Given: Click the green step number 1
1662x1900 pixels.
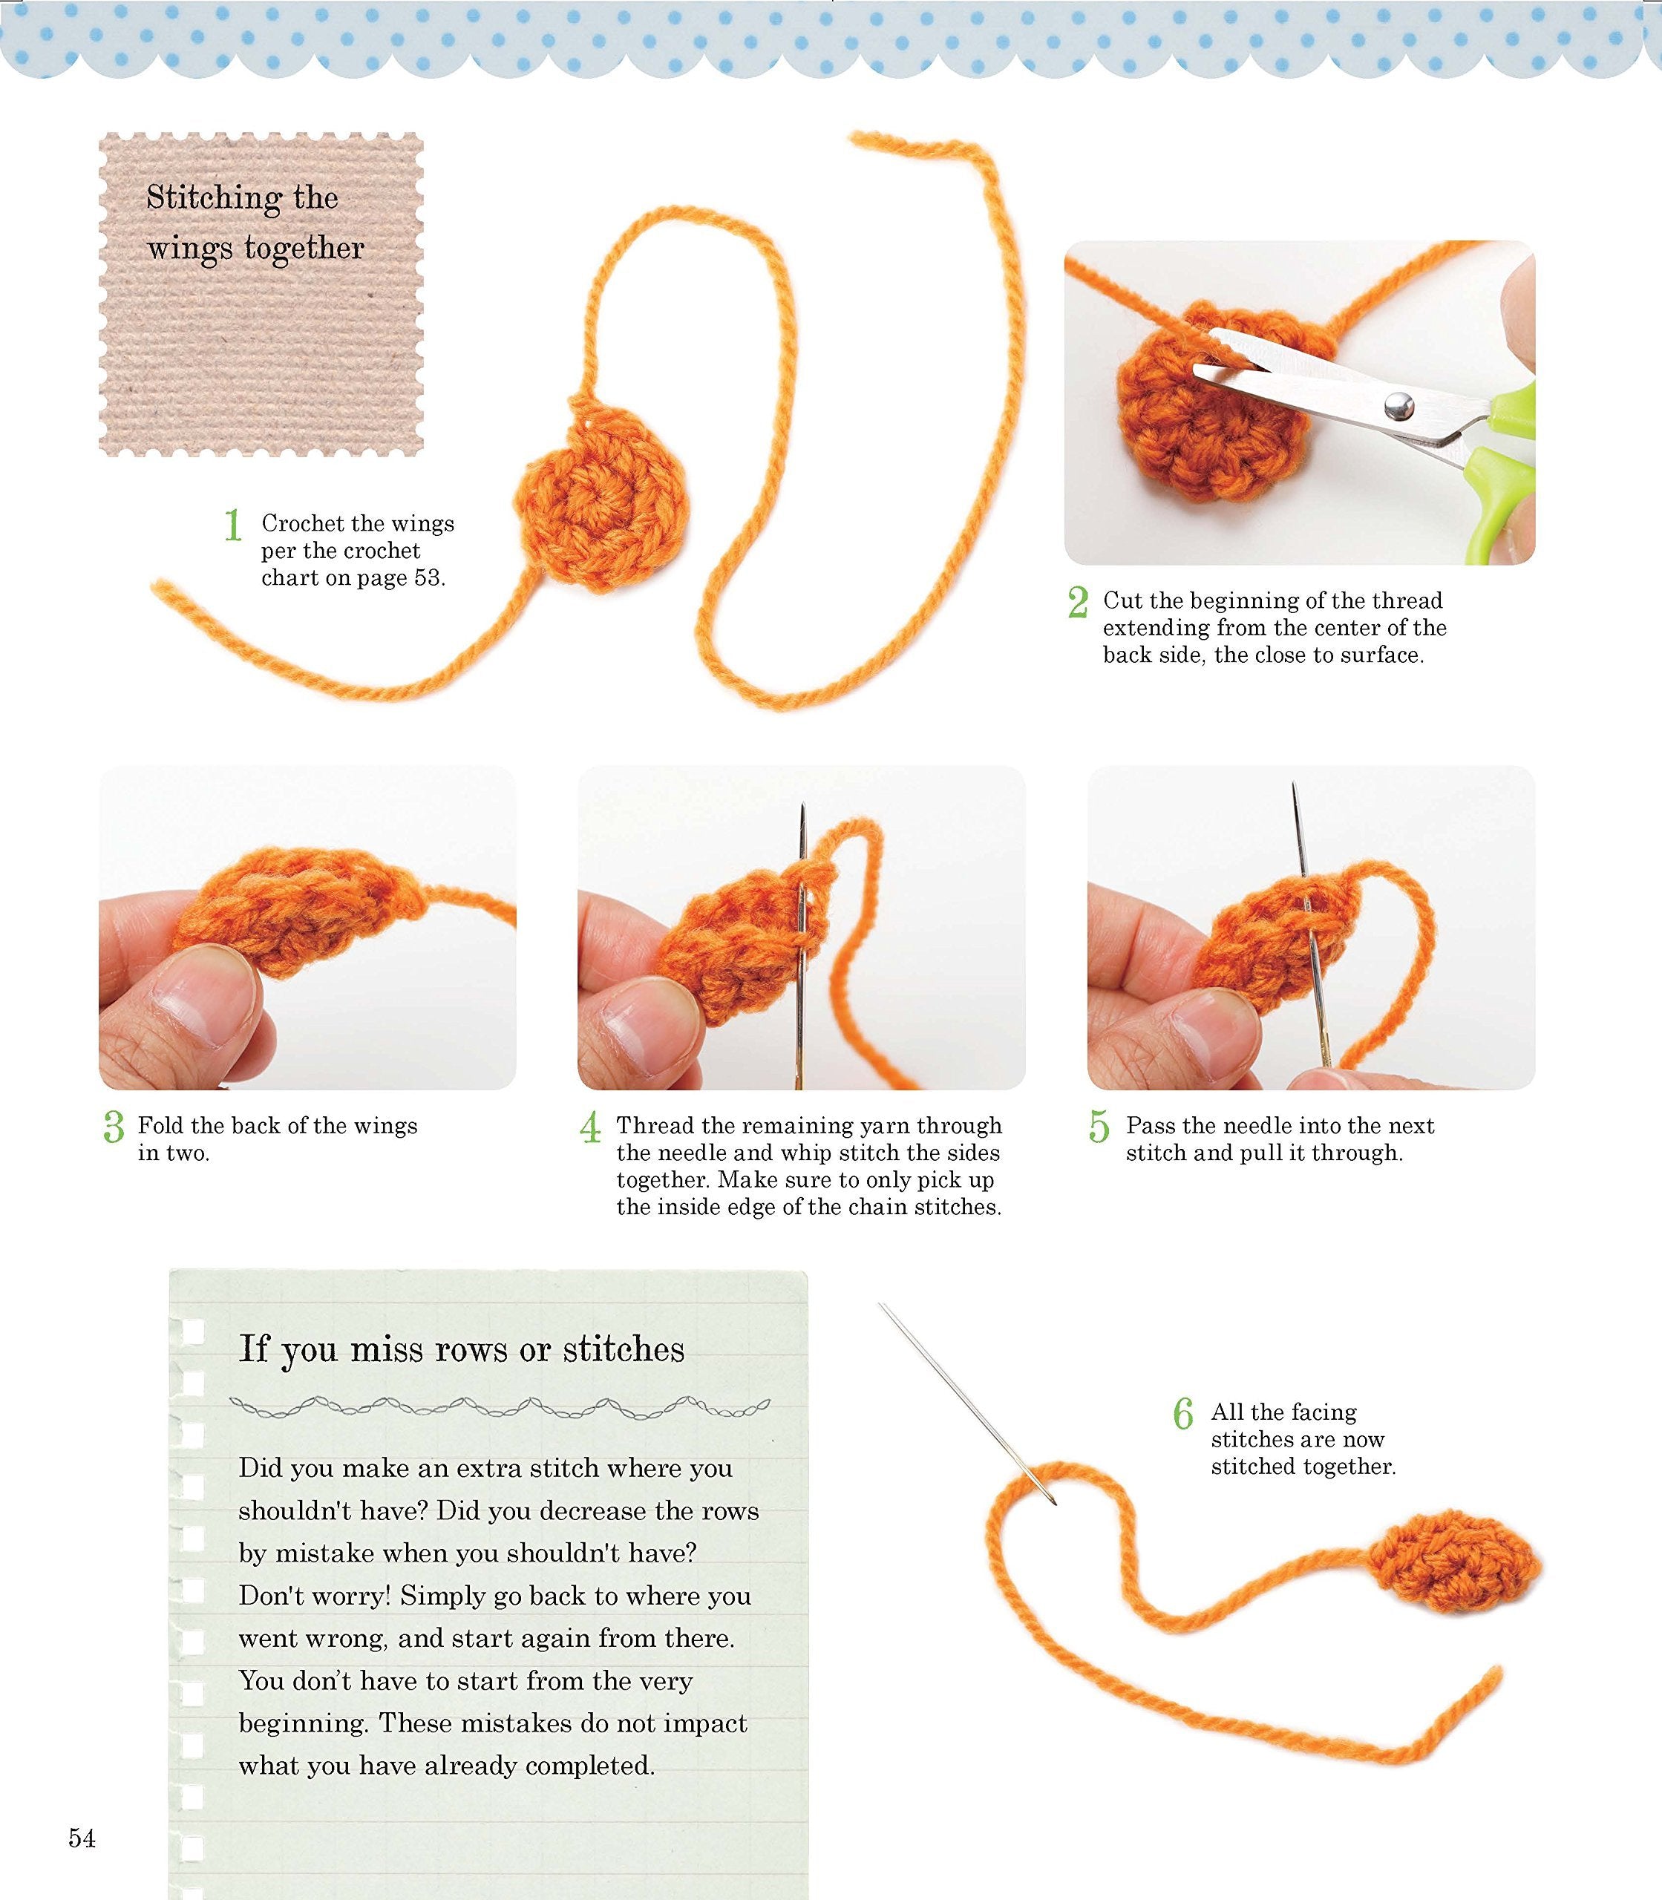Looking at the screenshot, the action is (233, 525).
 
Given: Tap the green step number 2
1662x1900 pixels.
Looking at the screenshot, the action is (1078, 602).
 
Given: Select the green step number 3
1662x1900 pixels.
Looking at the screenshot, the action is (113, 1127).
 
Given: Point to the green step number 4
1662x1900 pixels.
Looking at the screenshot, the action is (590, 1127).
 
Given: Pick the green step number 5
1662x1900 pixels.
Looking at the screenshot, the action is (1099, 1127).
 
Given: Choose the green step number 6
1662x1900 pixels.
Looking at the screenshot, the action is (1183, 1414).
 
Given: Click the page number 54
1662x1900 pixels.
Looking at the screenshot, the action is (82, 1838).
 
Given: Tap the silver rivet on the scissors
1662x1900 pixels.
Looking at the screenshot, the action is (1398, 405).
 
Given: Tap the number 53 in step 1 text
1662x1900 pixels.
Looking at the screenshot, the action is (427, 577).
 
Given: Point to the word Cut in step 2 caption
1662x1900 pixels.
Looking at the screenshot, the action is (1122, 601).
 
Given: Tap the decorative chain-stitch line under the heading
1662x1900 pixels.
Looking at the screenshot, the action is (499, 1408).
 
